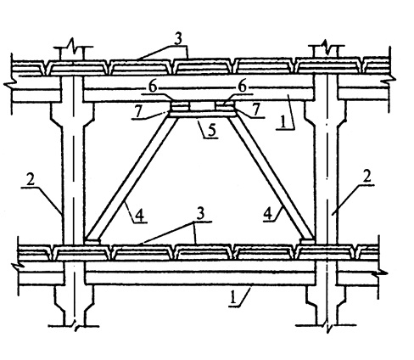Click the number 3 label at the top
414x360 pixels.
coord(178,39)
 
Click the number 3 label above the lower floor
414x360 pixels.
coord(200,215)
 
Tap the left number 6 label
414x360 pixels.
coord(153,87)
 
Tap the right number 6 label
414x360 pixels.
coord(242,87)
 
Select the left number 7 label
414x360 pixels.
coord(138,112)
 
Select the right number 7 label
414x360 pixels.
coord(256,110)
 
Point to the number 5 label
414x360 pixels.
coord(212,131)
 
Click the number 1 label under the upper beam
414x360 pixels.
coord(283,122)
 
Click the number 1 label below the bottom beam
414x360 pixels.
coord(232,298)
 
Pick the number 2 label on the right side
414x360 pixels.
coord(366,177)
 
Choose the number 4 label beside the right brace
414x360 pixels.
coord(268,214)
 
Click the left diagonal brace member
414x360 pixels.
coord(131,178)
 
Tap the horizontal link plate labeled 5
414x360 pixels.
coord(202,113)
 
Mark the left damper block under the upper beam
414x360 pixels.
coord(179,106)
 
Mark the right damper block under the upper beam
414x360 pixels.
coord(225,106)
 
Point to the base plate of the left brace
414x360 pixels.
coord(92,242)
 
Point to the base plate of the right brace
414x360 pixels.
coord(307,241)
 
